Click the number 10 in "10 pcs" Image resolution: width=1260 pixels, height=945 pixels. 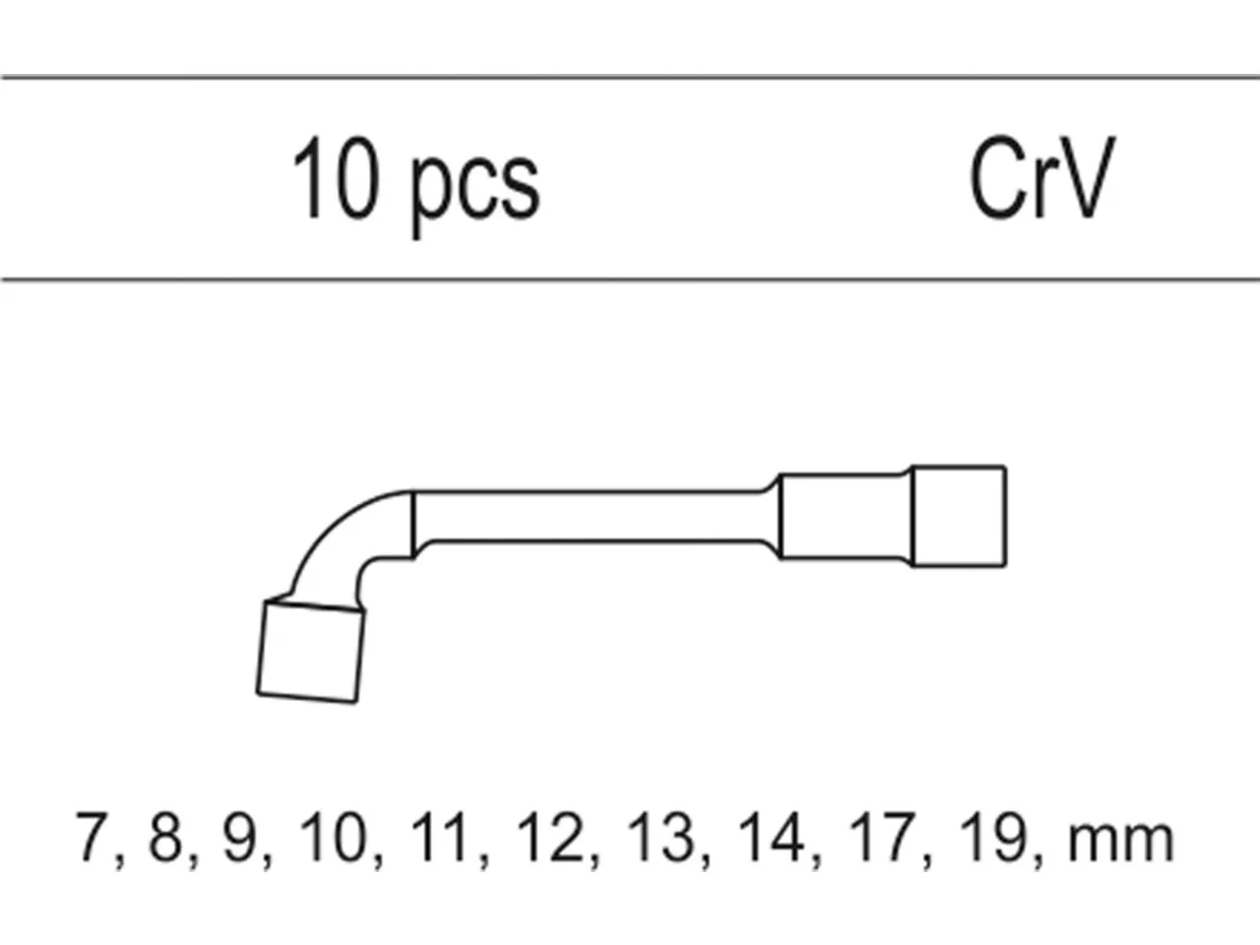(337, 177)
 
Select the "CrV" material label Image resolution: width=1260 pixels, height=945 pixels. (1042, 177)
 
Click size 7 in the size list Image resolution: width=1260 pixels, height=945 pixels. (94, 837)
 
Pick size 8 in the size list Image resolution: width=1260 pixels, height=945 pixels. (166, 837)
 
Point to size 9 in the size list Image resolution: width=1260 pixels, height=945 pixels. (240, 837)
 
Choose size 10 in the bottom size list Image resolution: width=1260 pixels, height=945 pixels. (333, 837)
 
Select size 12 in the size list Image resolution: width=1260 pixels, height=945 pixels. (550, 837)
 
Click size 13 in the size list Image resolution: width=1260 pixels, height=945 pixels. (661, 837)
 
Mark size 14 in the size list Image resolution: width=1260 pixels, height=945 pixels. (772, 837)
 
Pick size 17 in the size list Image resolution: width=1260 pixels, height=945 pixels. (882, 837)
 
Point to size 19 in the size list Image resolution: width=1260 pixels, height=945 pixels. (993, 837)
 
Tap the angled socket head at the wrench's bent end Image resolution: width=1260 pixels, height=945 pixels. (310, 652)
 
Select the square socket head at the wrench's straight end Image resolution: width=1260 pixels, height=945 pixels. (959, 516)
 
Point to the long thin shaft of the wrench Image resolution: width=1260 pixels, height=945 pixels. (592, 516)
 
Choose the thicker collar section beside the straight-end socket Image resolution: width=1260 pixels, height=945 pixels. (845, 516)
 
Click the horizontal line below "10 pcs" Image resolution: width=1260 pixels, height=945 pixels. (630, 280)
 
